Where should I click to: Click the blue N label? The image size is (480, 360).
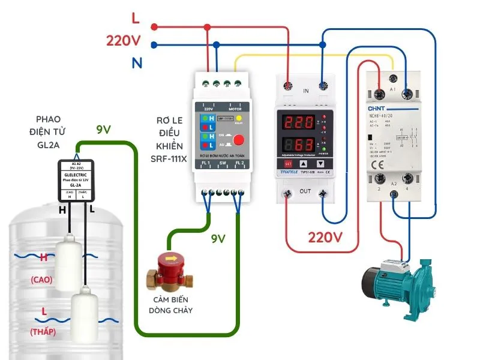point(136,62)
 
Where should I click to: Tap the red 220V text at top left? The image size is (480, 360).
point(123,41)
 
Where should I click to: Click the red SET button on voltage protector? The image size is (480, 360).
point(287,163)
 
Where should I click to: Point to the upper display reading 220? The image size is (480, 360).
point(297,123)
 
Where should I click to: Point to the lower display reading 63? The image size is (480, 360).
point(297,145)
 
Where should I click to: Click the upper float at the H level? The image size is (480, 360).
point(68,262)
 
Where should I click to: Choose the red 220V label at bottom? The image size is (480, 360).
point(325,237)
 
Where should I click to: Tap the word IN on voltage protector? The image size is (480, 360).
point(306,91)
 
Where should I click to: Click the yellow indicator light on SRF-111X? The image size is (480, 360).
point(238,119)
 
